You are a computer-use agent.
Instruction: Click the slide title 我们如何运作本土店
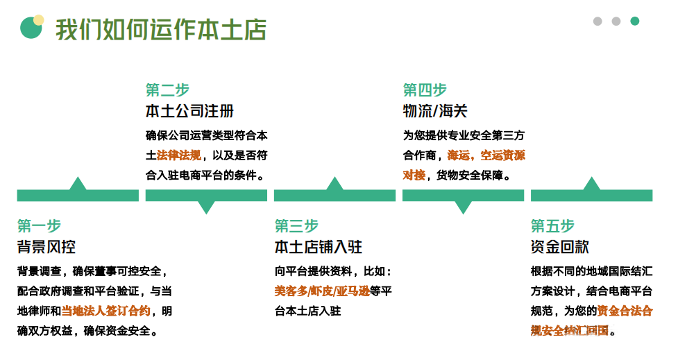click(161, 31)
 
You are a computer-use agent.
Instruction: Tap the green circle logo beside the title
click(31, 28)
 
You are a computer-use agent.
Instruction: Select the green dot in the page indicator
click(634, 22)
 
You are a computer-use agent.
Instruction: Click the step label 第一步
click(39, 225)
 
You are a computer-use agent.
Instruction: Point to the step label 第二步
click(167, 90)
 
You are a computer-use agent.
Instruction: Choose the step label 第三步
click(296, 225)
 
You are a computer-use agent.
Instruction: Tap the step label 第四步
click(425, 90)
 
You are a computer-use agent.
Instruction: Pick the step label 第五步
click(553, 225)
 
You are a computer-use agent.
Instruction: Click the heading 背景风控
click(46, 247)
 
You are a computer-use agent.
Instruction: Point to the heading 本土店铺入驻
click(319, 247)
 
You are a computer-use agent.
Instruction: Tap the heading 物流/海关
click(435, 112)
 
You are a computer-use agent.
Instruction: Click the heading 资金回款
click(560, 247)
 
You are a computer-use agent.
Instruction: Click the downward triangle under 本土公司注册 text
click(206, 206)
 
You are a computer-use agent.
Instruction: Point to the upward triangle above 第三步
click(335, 185)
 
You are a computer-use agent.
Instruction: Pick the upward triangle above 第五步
click(592, 185)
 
